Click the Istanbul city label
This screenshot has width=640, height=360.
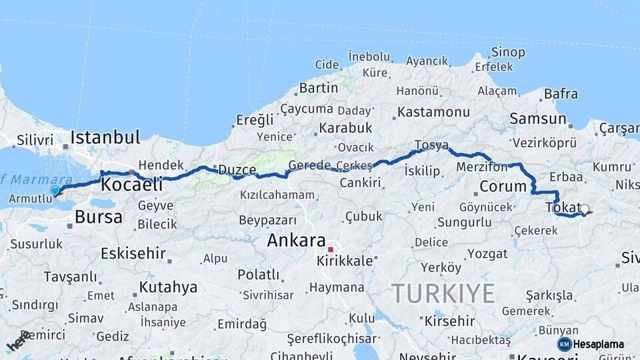click(105, 138)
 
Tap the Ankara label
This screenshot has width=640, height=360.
click(296, 241)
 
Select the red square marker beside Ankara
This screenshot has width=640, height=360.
click(330, 249)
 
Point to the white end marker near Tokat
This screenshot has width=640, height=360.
click(585, 209)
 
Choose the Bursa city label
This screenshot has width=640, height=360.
click(99, 217)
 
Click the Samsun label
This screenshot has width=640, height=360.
click(537, 119)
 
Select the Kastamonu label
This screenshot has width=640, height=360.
click(433, 111)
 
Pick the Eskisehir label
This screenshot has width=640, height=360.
click(132, 253)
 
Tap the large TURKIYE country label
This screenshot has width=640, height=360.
click(443, 293)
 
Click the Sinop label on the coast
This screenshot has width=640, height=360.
click(508, 52)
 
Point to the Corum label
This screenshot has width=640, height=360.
click(503, 186)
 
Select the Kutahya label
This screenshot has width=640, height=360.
click(169, 287)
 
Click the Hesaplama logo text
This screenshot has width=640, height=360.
click(599, 344)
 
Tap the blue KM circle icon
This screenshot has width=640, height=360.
click(564, 344)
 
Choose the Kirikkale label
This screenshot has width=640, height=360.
click(345, 261)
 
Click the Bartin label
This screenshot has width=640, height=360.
click(319, 87)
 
